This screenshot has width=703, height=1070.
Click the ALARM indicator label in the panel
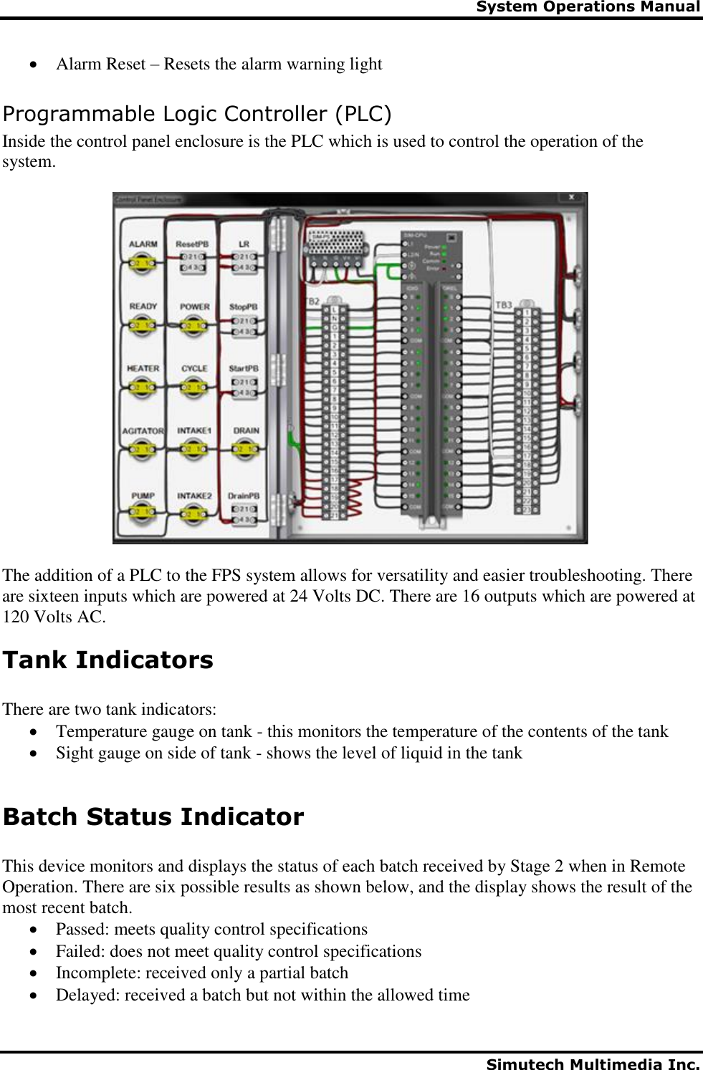click(143, 244)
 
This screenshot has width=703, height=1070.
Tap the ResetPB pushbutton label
click(192, 244)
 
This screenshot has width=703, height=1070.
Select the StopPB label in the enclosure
click(244, 307)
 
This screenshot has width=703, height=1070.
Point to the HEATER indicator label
click(143, 369)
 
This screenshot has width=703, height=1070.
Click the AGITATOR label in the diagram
click(143, 431)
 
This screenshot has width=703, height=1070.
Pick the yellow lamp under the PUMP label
click(143, 511)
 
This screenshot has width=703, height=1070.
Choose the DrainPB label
click(244, 496)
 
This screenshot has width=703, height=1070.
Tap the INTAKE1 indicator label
click(194, 431)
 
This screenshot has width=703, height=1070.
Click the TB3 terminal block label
click(504, 305)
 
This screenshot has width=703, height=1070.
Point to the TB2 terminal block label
click(312, 302)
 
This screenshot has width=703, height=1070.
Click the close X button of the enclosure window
click(571, 197)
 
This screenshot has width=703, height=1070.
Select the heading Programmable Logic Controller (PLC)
click(197, 114)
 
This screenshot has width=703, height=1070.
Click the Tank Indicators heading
click(108, 660)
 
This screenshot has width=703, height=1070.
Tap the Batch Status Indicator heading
click(153, 816)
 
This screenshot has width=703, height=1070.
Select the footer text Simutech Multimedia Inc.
click(593, 1064)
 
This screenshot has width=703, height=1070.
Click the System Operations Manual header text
click(588, 7)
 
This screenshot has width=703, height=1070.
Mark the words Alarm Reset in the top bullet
click(100, 64)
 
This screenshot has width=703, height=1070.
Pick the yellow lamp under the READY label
click(143, 326)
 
